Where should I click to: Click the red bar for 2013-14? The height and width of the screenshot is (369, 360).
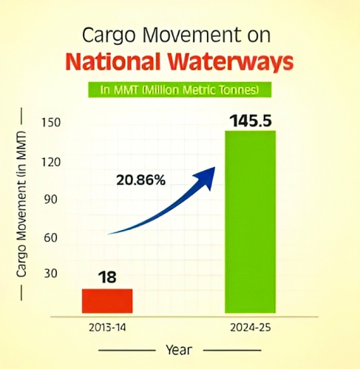pos(106,300)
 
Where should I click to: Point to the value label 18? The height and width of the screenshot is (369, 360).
pos(106,278)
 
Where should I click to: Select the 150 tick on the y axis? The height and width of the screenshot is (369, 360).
pos(50,122)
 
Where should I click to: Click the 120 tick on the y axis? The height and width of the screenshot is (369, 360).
pos(50,162)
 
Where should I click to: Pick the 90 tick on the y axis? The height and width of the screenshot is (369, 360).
pos(50,200)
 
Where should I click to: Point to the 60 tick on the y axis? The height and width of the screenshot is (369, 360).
pos(50,238)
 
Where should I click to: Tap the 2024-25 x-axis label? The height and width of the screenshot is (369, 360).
pos(250,326)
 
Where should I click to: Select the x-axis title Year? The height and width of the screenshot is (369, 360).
pos(180,348)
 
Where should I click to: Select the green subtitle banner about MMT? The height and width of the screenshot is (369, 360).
pos(180,89)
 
